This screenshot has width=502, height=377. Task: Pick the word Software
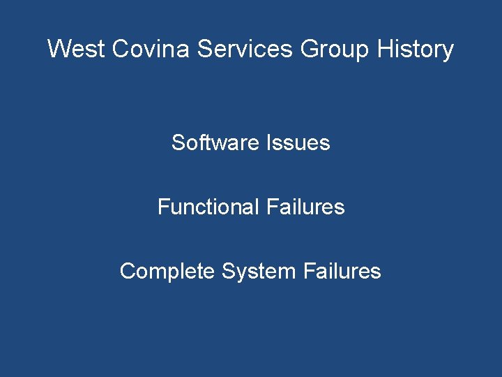point(215,142)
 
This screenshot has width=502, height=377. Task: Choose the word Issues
point(298,142)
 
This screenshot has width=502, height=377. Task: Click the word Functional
point(208,207)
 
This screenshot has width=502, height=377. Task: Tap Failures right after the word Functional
point(305,207)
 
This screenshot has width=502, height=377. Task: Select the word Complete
point(167,271)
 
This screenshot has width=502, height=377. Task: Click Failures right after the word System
point(342,271)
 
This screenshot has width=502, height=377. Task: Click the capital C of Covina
point(119,49)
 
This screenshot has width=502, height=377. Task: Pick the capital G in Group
point(309,49)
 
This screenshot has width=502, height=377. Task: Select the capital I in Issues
point(268,142)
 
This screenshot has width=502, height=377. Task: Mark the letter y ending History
point(448,51)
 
